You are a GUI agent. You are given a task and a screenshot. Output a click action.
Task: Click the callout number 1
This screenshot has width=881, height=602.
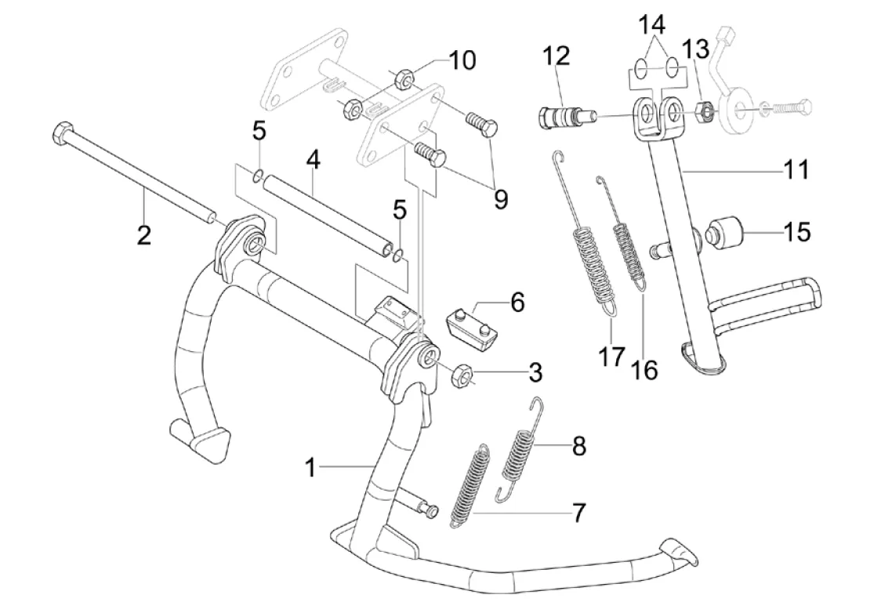[x=312, y=468]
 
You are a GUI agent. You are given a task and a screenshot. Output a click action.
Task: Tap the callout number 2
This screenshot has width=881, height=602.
[x=143, y=234]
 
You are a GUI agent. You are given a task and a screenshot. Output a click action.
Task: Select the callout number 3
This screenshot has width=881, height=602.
[x=535, y=372]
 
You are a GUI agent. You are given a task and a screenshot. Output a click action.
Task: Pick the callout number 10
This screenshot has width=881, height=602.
[x=462, y=61]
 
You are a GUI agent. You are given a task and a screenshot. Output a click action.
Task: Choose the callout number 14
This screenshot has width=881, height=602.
[x=651, y=25]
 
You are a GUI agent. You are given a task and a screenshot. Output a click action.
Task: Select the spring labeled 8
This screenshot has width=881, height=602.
[x=517, y=447]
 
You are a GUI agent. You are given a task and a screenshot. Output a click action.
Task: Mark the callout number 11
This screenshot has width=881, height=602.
[x=796, y=169]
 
